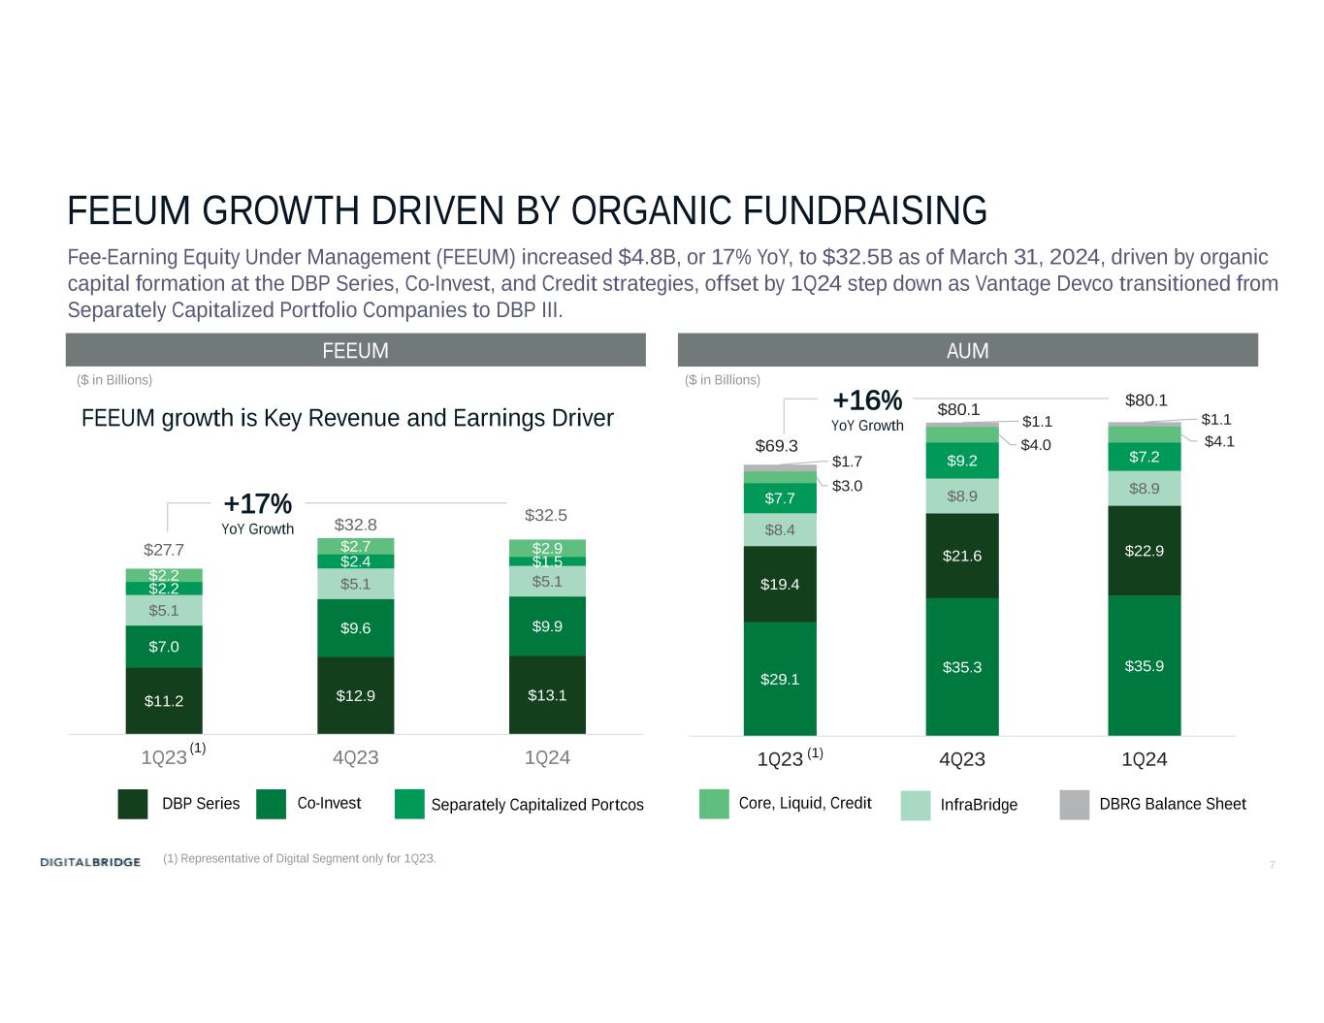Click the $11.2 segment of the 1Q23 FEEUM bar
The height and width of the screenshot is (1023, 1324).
[x=164, y=700]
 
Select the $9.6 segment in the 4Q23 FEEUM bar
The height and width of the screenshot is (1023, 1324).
[x=355, y=627]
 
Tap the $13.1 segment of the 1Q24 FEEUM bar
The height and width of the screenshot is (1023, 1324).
[x=547, y=694]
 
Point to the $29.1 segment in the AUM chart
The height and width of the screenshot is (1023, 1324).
[x=780, y=679]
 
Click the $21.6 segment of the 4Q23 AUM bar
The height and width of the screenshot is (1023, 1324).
[x=962, y=556]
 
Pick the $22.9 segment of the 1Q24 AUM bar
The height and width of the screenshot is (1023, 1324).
[x=1145, y=551]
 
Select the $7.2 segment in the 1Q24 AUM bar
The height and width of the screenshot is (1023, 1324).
[x=1145, y=456]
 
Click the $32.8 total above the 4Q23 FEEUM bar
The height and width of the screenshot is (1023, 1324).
[x=355, y=525]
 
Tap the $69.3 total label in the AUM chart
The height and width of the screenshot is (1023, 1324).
[x=776, y=446]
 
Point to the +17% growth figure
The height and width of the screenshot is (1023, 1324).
[x=257, y=504]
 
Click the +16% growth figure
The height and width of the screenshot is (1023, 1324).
[x=867, y=400]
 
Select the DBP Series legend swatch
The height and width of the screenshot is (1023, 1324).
[x=133, y=804]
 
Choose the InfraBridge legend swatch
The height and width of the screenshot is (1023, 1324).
[x=916, y=805]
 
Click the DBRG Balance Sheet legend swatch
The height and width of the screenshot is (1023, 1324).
[x=1075, y=804]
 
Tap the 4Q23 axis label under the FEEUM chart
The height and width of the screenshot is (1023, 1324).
[x=355, y=757]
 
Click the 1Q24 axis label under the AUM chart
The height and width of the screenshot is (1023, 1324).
[x=1145, y=759]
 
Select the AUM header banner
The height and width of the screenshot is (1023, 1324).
[x=967, y=350]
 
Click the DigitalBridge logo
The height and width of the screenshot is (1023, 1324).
[x=90, y=862]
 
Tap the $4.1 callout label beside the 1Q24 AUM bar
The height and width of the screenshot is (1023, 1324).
[x=1218, y=441]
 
